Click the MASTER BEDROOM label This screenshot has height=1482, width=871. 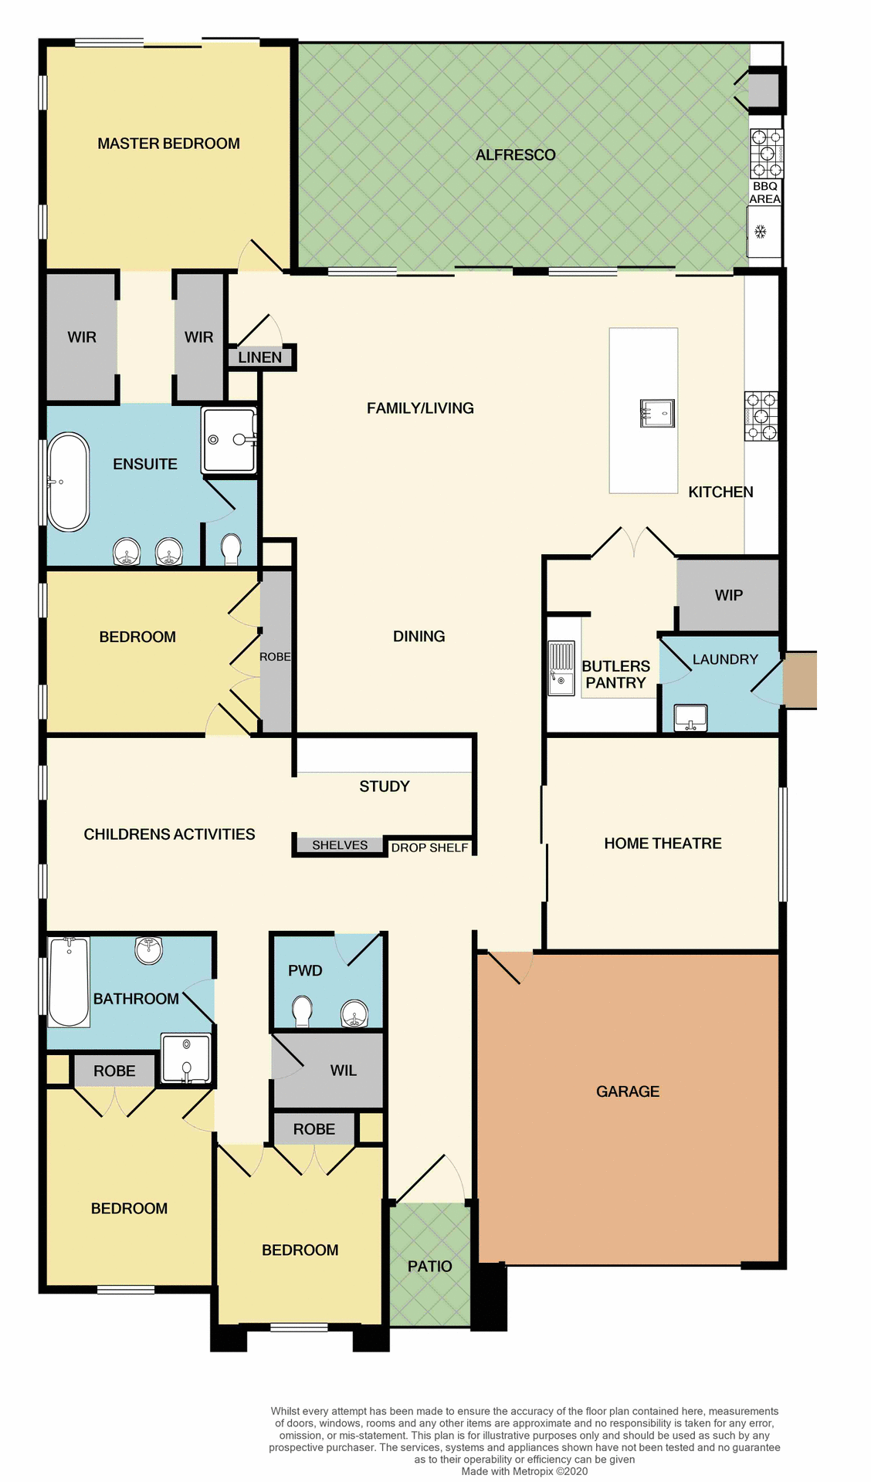click(168, 144)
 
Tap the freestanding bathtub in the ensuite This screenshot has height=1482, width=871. click(68, 482)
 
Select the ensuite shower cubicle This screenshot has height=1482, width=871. click(229, 440)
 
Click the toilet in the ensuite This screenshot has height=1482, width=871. click(231, 549)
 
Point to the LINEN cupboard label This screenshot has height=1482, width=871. click(259, 357)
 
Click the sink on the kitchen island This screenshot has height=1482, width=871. click(657, 413)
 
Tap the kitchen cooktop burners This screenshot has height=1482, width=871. click(761, 416)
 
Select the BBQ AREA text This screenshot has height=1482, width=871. click(764, 192)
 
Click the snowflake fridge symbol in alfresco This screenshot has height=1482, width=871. click(760, 231)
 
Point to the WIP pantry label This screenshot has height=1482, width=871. click(728, 595)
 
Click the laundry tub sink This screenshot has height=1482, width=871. click(690, 717)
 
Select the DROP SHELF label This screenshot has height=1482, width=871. click(429, 848)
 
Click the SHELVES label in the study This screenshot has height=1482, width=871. click(340, 845)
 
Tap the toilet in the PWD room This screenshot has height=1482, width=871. click(302, 1010)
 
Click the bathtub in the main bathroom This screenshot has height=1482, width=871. click(69, 982)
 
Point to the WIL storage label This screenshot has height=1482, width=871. click(343, 1071)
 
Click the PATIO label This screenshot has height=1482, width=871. click(429, 1266)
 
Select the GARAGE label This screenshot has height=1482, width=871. click(627, 1091)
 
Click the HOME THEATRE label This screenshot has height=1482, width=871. click(663, 844)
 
